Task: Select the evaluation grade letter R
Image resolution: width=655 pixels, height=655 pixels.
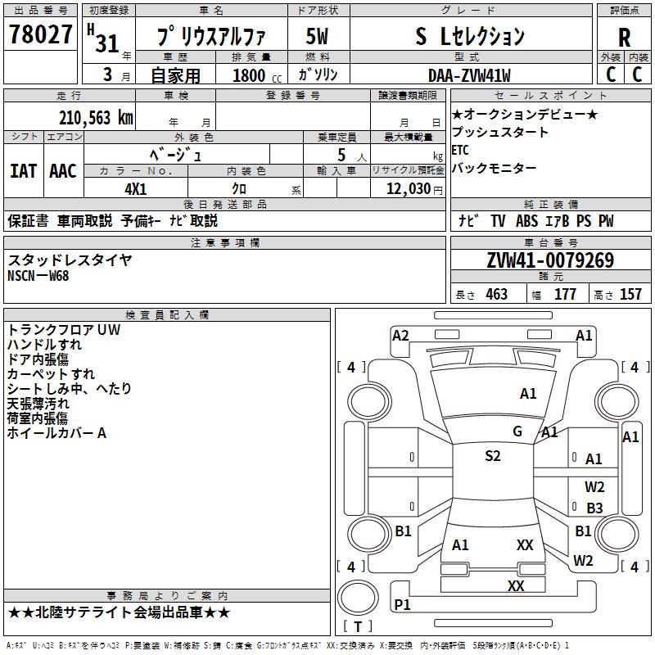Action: (624, 37)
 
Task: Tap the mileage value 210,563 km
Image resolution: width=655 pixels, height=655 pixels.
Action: (96, 118)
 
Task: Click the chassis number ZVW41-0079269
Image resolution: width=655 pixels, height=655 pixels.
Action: (550, 261)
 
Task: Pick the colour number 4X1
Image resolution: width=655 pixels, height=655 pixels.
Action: (135, 188)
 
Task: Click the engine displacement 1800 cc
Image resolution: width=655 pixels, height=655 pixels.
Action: (250, 75)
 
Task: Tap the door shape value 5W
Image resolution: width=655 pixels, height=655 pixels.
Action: (317, 37)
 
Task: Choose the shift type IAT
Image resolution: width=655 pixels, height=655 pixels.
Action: (23, 171)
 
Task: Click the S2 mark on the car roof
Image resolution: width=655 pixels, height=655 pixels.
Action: (492, 456)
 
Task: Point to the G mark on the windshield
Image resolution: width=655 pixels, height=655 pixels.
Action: (517, 431)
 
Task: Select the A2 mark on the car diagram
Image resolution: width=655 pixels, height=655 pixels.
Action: (400, 335)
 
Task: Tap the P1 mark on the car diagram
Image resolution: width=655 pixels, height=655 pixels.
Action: (402, 604)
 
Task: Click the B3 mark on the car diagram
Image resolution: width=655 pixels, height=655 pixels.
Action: (594, 508)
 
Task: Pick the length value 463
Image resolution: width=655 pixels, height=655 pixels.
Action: (496, 295)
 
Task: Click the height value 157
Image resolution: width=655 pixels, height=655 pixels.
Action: (630, 295)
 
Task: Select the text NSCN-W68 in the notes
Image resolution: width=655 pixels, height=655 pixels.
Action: (38, 276)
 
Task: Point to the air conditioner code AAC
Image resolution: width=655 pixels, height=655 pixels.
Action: (63, 171)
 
